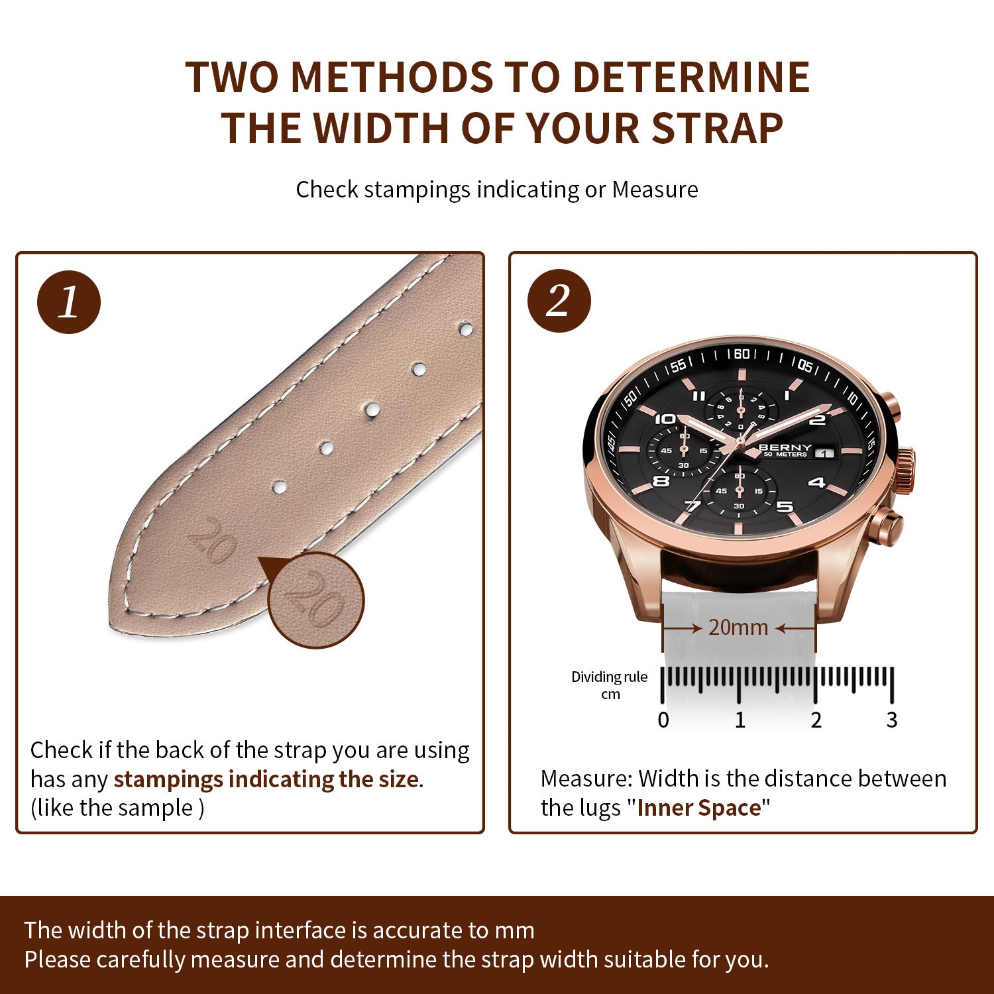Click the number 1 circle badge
pyautogui.click(x=69, y=302)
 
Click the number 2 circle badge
pyautogui.click(x=559, y=301)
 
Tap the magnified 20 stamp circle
pyautogui.click(x=316, y=600)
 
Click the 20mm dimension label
pyautogui.click(x=738, y=627)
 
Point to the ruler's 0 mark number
pyautogui.click(x=663, y=720)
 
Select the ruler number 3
pyautogui.click(x=892, y=720)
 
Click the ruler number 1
pyautogui.click(x=740, y=720)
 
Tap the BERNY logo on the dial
pyautogui.click(x=785, y=447)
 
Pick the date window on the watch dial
pyautogui.click(x=825, y=453)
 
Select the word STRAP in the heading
pyautogui.click(x=718, y=128)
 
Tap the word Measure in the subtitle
pyautogui.click(x=655, y=190)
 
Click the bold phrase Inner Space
pyautogui.click(x=699, y=808)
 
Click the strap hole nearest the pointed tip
pyautogui.click(x=280, y=488)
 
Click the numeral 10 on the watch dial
pyautogui.click(x=665, y=419)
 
